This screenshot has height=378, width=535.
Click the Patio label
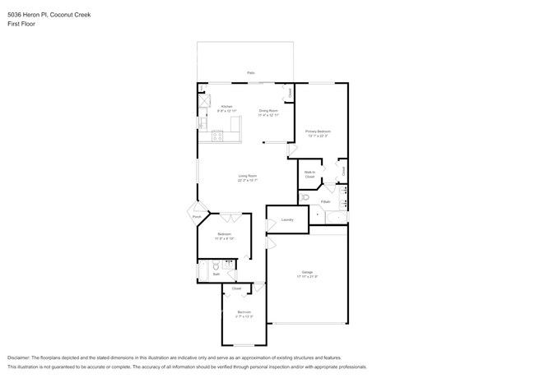(251, 73)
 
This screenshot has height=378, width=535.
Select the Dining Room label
(268, 110)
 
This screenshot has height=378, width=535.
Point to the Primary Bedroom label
(318, 131)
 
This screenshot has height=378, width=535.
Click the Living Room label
(248, 176)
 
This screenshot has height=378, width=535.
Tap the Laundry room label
(287, 219)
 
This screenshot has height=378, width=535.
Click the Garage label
(307, 272)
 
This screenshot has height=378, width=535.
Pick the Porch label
(197, 217)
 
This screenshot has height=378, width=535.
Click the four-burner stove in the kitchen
(218, 136)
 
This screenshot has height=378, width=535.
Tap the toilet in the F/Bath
(305, 198)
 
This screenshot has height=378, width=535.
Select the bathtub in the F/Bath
(337, 217)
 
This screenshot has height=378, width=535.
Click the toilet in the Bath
(215, 266)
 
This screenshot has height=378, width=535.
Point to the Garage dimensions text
(307, 277)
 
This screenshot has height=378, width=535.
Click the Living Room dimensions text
(248, 181)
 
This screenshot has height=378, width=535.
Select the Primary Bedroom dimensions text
(318, 136)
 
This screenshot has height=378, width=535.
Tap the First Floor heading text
(21, 24)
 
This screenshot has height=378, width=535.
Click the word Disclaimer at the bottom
(18, 358)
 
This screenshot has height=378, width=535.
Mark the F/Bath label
(327, 201)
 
